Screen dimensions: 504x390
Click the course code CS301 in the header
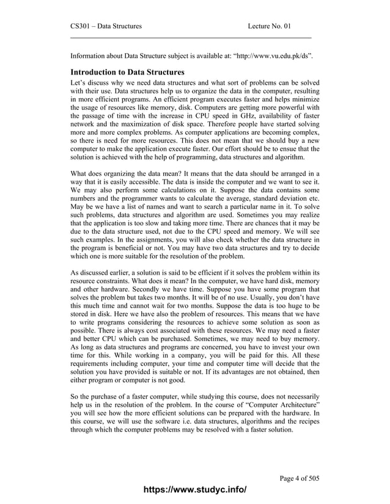pyautogui.click(x=80, y=26)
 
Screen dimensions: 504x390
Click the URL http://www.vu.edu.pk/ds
pyautogui.click(x=272, y=57)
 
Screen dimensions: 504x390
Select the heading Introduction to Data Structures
pyautogui.click(x=128, y=73)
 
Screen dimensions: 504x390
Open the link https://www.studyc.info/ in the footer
pyautogui.click(x=194, y=490)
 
